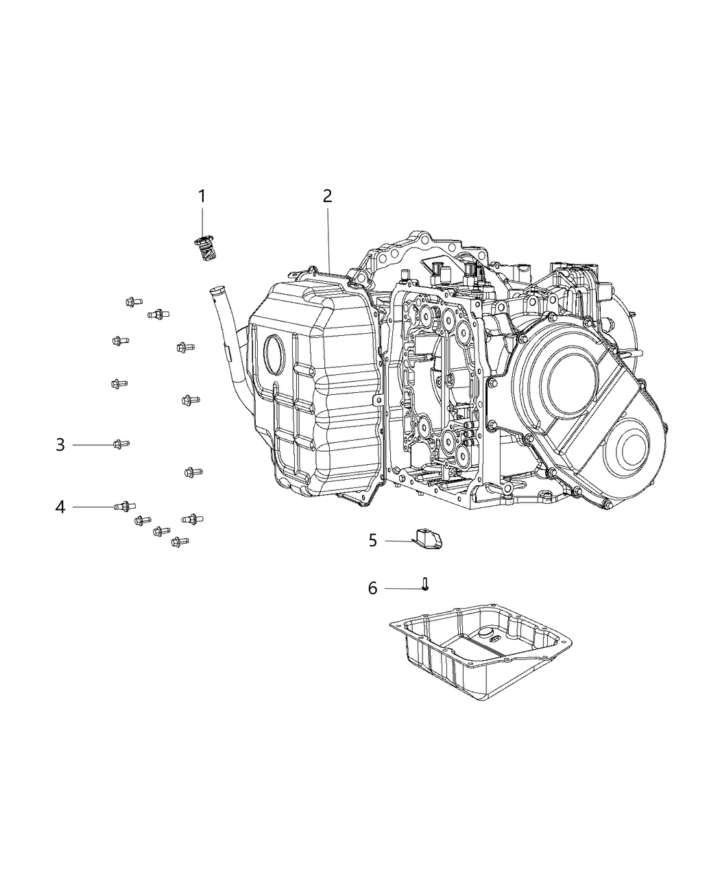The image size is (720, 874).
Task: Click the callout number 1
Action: click(202, 197)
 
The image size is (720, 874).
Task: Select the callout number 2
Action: click(328, 196)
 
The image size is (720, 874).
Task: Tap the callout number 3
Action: click(60, 445)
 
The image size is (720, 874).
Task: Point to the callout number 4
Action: click(60, 507)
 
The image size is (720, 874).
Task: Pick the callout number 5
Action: click(372, 541)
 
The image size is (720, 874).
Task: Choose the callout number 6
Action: click(372, 588)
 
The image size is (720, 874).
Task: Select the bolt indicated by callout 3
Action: click(121, 445)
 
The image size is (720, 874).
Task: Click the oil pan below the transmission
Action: click(480, 651)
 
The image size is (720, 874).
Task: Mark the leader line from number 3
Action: click(93, 445)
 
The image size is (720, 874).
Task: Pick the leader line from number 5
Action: click(398, 542)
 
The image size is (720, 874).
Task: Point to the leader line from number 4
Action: click(93, 507)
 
